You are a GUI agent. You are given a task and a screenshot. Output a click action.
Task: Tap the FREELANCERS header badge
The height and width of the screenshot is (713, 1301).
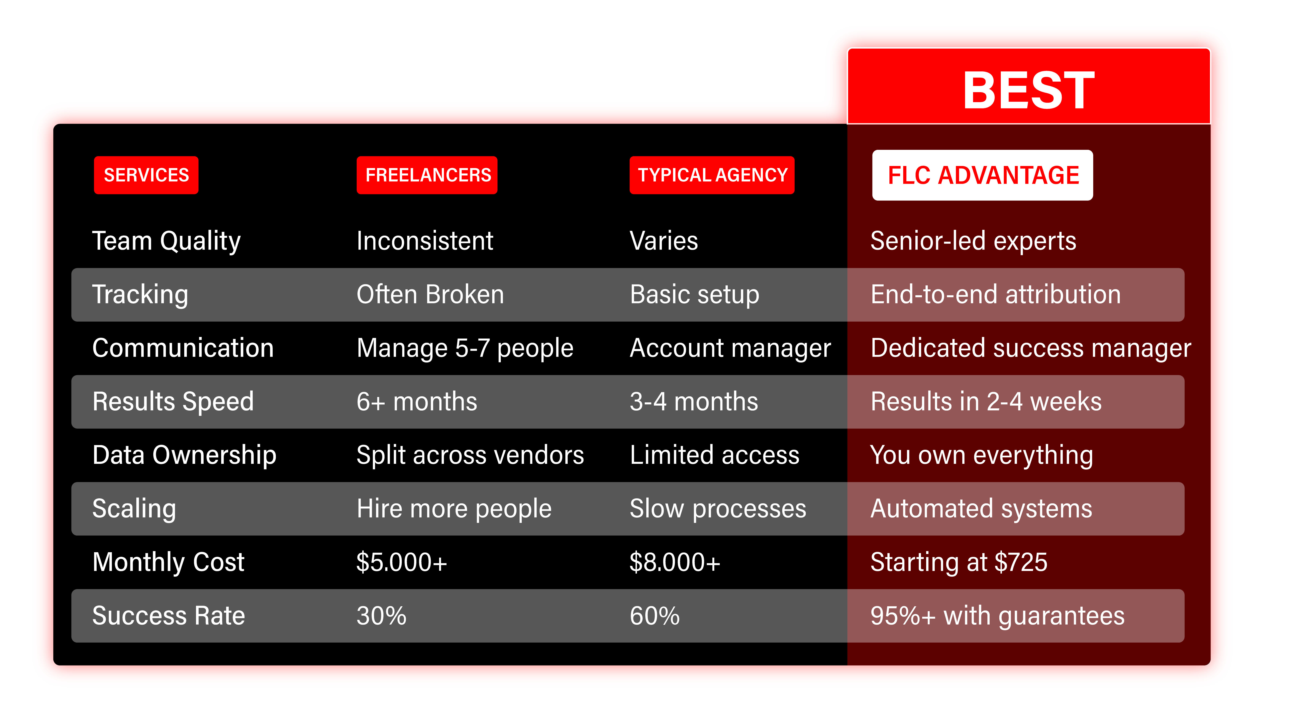point(427,175)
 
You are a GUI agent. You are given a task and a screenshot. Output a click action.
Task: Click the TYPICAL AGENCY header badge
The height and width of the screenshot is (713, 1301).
point(712,175)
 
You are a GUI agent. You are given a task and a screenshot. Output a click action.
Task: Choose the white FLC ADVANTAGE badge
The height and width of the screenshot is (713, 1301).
point(983,175)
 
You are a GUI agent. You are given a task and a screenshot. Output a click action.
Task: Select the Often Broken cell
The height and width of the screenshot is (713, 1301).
point(430,294)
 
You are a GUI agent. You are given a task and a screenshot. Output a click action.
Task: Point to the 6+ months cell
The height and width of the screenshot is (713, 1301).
point(417,402)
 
